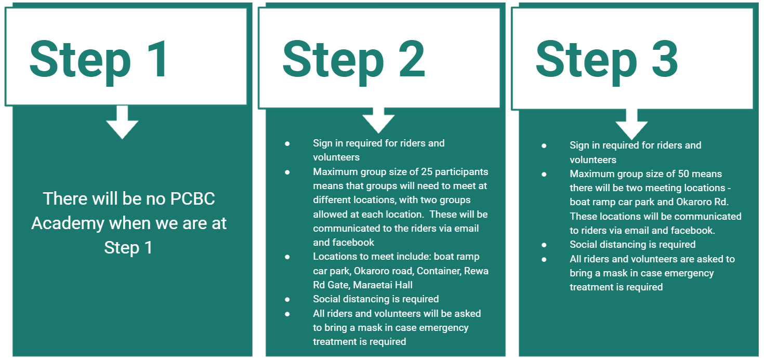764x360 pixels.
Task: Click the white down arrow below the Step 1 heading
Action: click(122, 123)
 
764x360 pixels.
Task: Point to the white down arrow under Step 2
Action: click(378, 121)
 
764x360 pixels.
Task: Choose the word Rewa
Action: click(477, 271)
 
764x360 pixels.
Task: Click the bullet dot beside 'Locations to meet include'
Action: click(287, 257)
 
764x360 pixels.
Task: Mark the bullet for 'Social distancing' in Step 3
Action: click(544, 245)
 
